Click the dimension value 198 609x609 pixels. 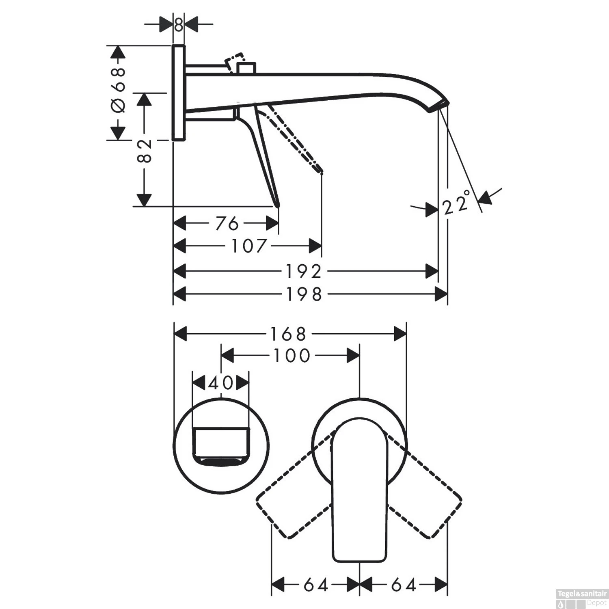[304, 294]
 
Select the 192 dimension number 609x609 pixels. [304, 271]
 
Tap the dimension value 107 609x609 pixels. [249, 246]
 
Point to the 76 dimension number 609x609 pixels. [227, 223]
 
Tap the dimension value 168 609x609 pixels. [288, 335]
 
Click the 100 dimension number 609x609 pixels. [292, 356]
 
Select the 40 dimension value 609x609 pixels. [220, 383]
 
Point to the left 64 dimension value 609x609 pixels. [315, 585]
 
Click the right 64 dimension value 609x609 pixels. [404, 585]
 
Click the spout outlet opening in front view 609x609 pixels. [221, 445]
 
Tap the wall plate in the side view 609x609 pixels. [179, 93]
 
